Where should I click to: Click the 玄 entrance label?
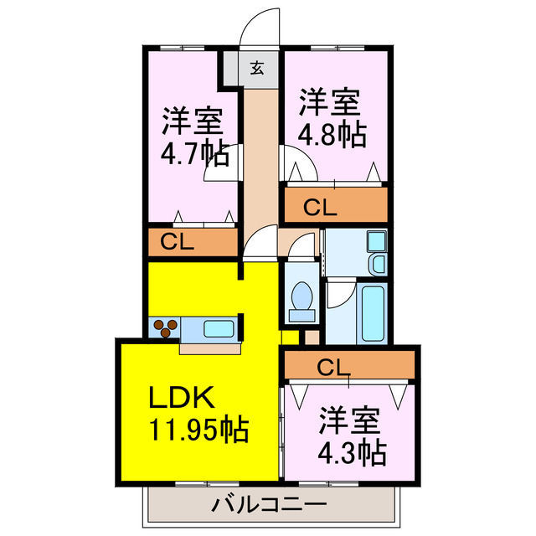point(257,68)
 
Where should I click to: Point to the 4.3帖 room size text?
point(352,452)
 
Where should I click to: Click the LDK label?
point(183,396)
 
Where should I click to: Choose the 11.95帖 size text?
point(198,430)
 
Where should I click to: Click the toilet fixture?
point(301,301)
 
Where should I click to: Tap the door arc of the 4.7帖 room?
point(219,162)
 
